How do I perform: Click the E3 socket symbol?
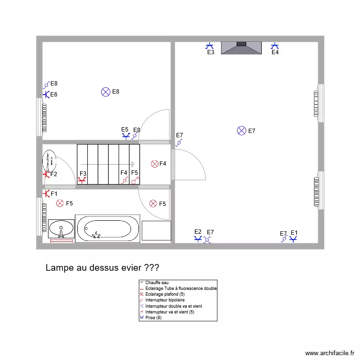point(210,46)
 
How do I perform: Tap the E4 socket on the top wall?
point(275,46)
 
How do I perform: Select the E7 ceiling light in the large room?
point(242,131)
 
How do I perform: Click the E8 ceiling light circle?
point(106,92)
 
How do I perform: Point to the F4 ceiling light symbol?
point(155,164)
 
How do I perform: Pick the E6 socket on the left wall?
point(46,95)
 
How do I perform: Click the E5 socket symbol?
point(126,136)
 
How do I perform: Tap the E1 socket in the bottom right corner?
point(293,239)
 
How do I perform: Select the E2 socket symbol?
point(198,238)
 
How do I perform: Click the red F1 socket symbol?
point(46,193)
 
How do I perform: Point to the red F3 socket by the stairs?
point(82,180)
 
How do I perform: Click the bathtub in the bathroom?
point(108,228)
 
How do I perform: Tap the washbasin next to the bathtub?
point(61,228)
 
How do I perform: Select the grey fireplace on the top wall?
point(241,48)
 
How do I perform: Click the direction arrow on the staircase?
point(108,164)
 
